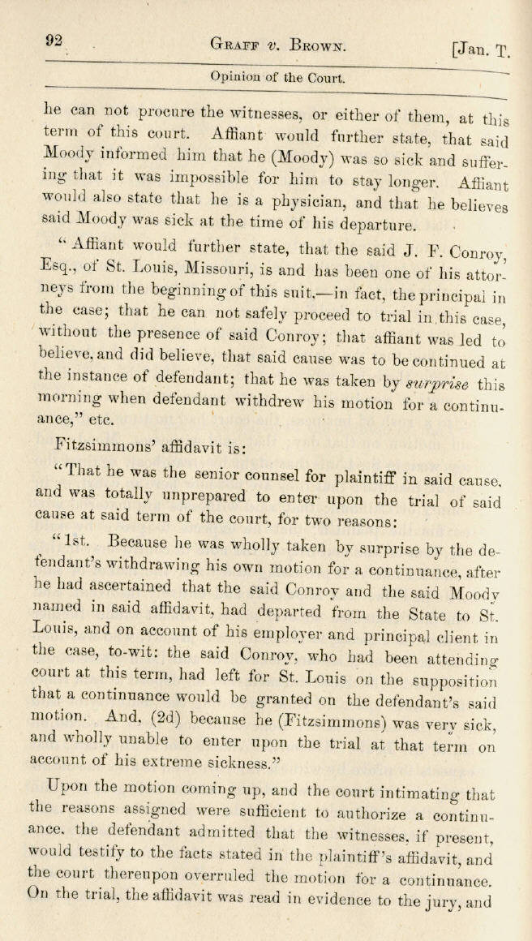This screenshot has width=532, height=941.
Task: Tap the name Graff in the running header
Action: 234,45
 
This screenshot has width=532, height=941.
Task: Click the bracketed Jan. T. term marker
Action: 481,50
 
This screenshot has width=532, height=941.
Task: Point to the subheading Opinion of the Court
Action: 277,79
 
